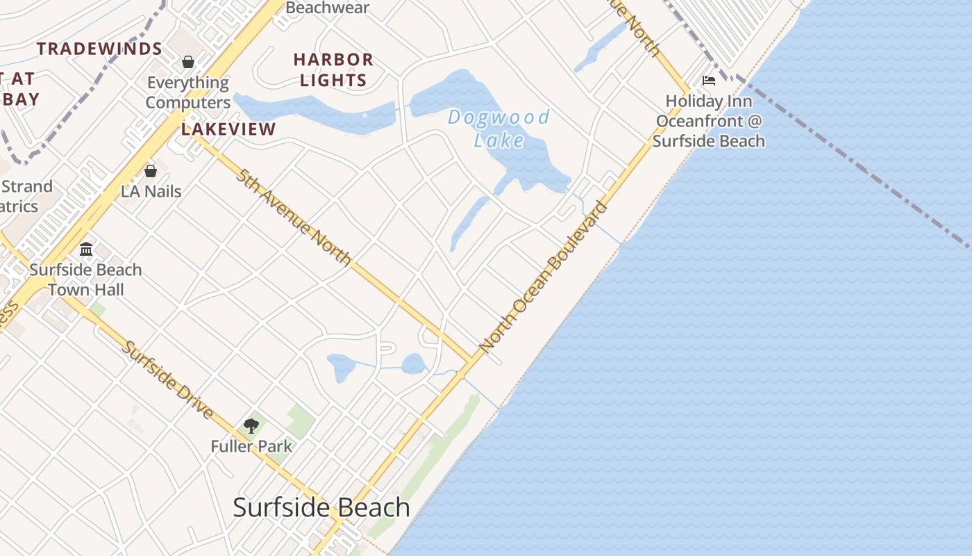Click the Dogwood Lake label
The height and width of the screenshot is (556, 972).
pyautogui.click(x=498, y=128)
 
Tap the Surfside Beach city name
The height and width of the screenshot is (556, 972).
pyautogui.click(x=321, y=507)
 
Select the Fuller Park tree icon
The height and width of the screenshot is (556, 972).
pyautogui.click(x=251, y=426)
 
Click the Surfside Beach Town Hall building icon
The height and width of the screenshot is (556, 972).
pyautogui.click(x=86, y=249)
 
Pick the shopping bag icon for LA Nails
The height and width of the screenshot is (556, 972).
pyautogui.click(x=151, y=171)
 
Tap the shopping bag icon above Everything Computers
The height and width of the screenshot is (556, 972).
pyautogui.click(x=187, y=62)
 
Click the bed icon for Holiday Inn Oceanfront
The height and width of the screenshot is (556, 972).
pyautogui.click(x=709, y=81)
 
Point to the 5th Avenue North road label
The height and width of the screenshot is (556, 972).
pyautogui.click(x=294, y=218)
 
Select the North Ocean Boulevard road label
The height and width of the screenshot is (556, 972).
pyautogui.click(x=544, y=276)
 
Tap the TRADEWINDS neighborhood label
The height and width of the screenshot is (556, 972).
pyautogui.click(x=99, y=49)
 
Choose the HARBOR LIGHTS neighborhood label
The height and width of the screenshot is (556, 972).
pyautogui.click(x=333, y=69)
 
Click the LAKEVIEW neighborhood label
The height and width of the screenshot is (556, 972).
pyautogui.click(x=228, y=129)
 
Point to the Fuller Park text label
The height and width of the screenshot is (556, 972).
pyautogui.click(x=251, y=446)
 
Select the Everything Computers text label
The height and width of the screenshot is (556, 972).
pyautogui.click(x=187, y=92)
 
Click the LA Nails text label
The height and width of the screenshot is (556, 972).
pyautogui.click(x=151, y=191)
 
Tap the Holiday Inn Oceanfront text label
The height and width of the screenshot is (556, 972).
pyautogui.click(x=709, y=121)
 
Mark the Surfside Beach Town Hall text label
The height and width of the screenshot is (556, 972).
pyautogui.click(x=85, y=279)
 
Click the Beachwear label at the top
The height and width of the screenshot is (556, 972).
pyautogui.click(x=327, y=8)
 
